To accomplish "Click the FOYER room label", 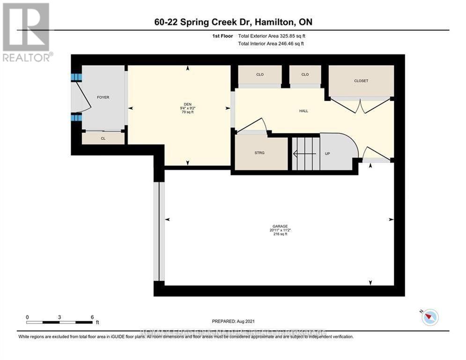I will coord(103,97).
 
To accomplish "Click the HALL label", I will coord(303,111).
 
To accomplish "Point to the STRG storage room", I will coord(260,153).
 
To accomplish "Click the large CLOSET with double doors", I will coord(361,81).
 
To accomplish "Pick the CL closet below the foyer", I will coord(103,139).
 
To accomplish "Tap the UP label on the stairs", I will coord(328,153).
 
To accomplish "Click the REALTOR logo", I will coord(27,32).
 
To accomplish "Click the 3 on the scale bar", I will coord(59,317).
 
